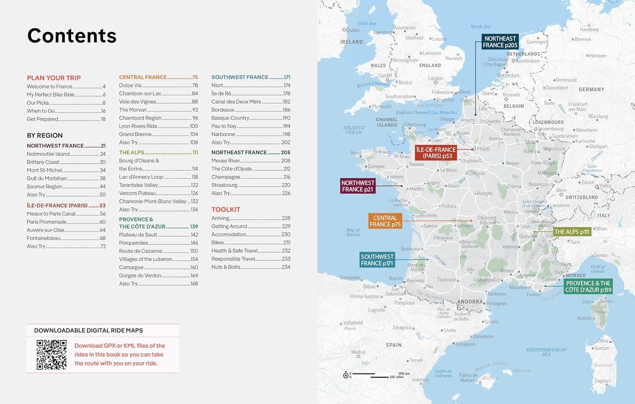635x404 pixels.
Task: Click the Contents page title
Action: pyautogui.click(x=72, y=36)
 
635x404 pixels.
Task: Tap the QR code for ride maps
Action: pyautogui.click(x=51, y=355)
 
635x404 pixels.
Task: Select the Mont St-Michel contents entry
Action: pyautogui.click(x=44, y=170)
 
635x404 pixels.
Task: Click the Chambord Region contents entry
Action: pyautogui.click(x=140, y=118)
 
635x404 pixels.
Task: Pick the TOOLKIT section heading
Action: pyautogui.click(x=226, y=210)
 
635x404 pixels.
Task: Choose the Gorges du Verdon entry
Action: pyautogui.click(x=140, y=276)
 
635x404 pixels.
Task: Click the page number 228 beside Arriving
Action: pyautogui.click(x=286, y=218)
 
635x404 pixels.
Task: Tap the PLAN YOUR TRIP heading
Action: pyautogui.click(x=54, y=78)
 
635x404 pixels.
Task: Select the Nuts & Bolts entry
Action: pyautogui.click(x=226, y=267)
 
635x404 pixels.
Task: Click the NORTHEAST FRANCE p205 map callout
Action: pyautogui.click(x=500, y=42)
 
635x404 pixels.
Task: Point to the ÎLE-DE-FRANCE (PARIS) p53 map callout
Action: pyautogui.click(x=436, y=153)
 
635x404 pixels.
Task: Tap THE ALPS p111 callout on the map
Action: pyautogui.click(x=571, y=232)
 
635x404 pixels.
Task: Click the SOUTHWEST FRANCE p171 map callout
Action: pyautogui.click(x=377, y=260)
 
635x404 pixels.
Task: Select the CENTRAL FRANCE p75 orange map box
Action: pyautogui.click(x=385, y=221)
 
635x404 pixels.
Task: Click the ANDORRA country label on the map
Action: pyautogui.click(x=469, y=302)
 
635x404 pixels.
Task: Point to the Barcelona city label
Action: pyautogui.click(x=483, y=337)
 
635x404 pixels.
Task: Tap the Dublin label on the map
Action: pyautogui.click(x=353, y=30)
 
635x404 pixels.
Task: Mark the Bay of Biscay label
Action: pyautogui.click(x=353, y=232)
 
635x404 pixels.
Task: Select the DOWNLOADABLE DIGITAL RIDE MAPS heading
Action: pyautogui.click(x=88, y=330)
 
